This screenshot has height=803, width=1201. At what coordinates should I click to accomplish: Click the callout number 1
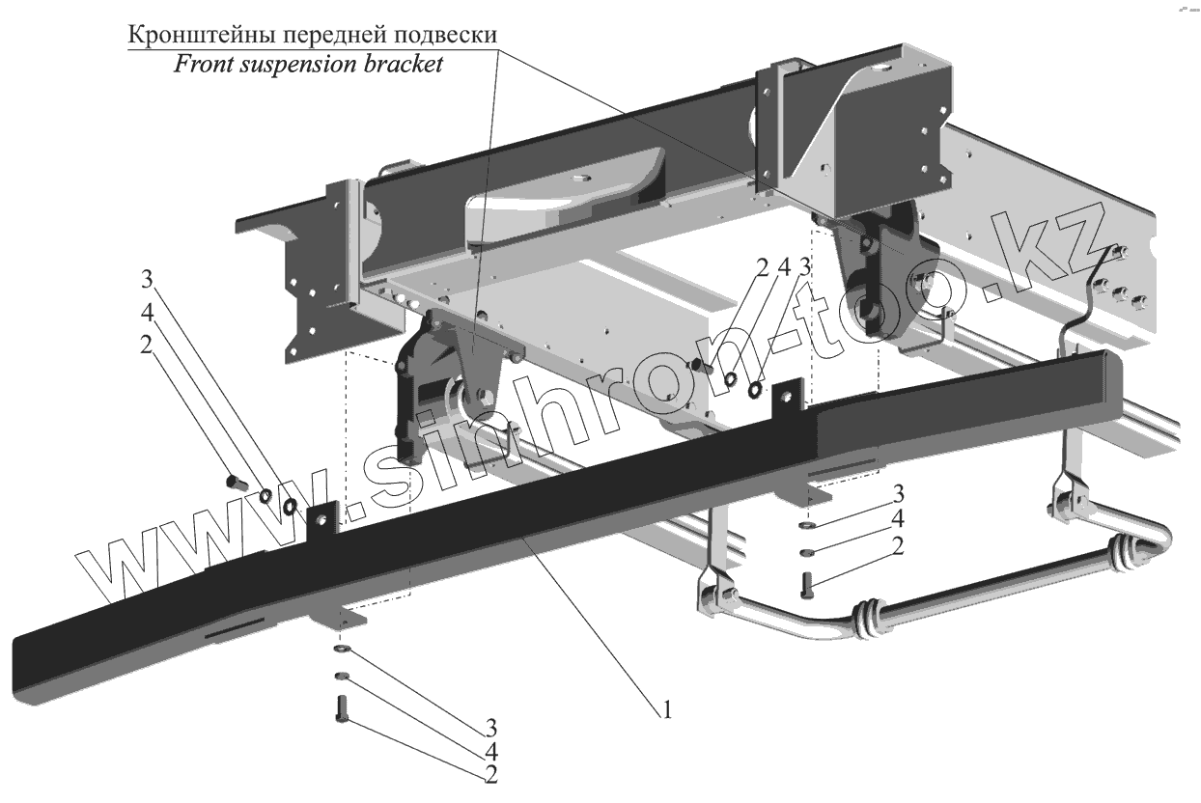[666, 711]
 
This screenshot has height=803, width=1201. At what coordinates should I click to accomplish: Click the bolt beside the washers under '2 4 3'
[702, 367]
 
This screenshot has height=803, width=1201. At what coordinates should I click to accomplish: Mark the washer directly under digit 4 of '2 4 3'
[731, 378]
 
